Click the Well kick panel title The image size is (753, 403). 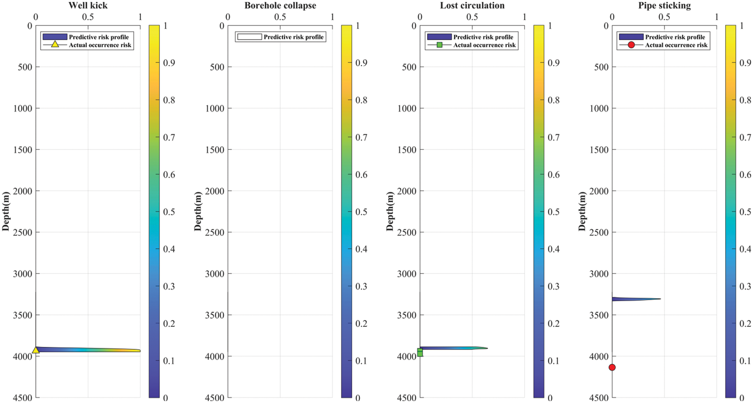click(x=88, y=5)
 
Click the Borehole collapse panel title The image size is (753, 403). click(x=280, y=5)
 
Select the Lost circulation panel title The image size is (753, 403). click(x=472, y=5)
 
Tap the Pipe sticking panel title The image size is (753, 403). click(x=664, y=5)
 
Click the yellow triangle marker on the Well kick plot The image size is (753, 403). click(x=36, y=350)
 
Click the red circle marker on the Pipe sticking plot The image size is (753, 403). click(x=612, y=367)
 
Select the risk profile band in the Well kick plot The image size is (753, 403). click(x=89, y=350)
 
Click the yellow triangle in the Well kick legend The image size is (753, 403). click(x=55, y=45)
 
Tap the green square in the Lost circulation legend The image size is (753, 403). click(x=439, y=45)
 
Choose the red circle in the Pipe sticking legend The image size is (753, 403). click(x=631, y=45)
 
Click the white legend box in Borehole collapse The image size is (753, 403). click(x=249, y=37)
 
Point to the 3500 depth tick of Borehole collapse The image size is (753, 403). click(x=215, y=315)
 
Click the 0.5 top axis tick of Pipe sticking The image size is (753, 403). click(x=664, y=17)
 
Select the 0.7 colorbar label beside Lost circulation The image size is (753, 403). click(x=553, y=138)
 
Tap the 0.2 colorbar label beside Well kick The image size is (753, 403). click(x=169, y=324)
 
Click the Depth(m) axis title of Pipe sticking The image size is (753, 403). click(x=582, y=211)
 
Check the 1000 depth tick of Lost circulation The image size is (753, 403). click(x=407, y=108)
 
